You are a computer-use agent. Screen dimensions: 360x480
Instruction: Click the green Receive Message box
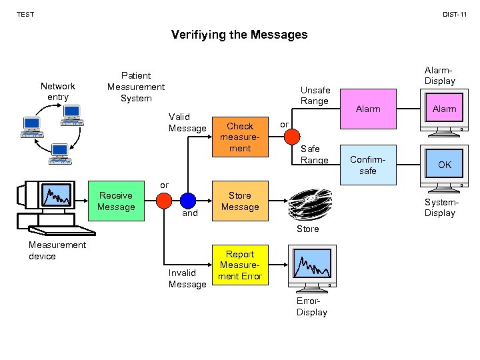[116, 201]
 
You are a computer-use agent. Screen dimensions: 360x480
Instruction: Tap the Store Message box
[240, 201]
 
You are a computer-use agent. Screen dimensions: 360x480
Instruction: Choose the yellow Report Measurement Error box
[240, 265]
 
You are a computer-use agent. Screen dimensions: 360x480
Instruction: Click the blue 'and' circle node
[188, 201]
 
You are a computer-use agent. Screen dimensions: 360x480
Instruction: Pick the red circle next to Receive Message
[164, 201]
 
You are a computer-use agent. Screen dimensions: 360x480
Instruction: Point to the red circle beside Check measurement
[292, 137]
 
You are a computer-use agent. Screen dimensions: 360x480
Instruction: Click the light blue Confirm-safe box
[368, 165]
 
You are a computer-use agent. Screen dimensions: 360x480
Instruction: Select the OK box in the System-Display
[444, 165]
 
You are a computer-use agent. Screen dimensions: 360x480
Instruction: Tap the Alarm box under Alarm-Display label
[444, 109]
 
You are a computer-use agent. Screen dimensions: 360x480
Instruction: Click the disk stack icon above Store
[308, 205]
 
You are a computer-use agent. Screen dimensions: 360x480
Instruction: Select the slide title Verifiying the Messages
[239, 34]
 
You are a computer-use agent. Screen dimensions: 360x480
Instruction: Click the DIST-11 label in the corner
[454, 14]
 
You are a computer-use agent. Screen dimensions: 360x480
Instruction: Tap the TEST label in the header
[25, 14]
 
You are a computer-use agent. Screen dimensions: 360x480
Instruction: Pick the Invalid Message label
[187, 279]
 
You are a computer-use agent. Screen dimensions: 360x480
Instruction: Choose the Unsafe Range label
[315, 96]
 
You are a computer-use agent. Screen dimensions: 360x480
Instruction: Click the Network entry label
[58, 91]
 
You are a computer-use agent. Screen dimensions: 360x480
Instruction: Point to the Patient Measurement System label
[136, 87]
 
